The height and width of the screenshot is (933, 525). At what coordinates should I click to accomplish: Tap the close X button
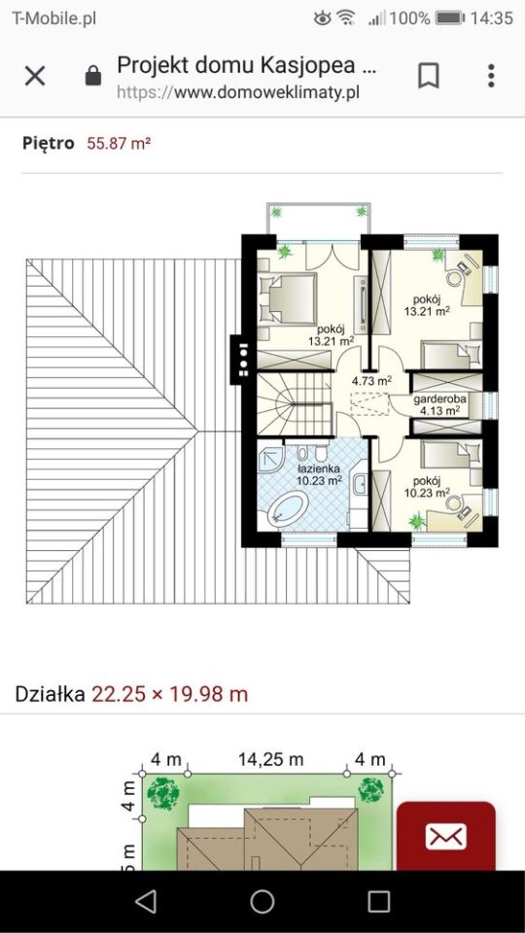tap(35, 76)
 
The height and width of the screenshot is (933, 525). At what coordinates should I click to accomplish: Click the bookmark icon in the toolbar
tap(428, 76)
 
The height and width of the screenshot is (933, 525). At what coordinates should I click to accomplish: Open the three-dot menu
tap(491, 76)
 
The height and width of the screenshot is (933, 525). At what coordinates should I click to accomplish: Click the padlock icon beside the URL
tap(93, 77)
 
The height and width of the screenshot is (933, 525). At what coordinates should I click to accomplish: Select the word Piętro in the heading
tap(49, 144)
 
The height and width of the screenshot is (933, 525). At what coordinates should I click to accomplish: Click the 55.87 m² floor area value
tap(119, 144)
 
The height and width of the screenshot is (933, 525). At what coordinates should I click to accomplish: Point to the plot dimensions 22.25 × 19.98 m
tap(170, 694)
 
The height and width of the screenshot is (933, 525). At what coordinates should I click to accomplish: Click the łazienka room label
tap(318, 467)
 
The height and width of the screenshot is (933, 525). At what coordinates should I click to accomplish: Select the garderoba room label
tap(440, 399)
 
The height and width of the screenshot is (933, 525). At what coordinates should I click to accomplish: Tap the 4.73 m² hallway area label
tap(371, 381)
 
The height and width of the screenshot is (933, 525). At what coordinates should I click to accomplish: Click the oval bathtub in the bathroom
tap(285, 508)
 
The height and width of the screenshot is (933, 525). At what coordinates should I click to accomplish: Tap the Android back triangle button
tap(146, 901)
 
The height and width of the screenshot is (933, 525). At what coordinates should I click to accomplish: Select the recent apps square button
tap(378, 901)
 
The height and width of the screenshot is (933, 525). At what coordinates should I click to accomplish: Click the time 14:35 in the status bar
tap(491, 17)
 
